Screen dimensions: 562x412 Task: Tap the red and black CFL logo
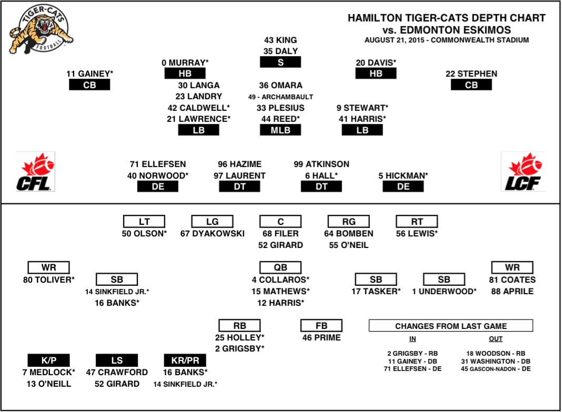pyautogui.click(x=35, y=172)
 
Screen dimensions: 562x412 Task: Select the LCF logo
pyautogui.click(x=523, y=172)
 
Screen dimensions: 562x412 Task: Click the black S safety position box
pyautogui.click(x=280, y=63)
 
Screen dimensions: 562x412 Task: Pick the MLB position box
pyautogui.click(x=280, y=130)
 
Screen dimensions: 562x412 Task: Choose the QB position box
pyautogui.click(x=280, y=267)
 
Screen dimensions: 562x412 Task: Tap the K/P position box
pyautogui.click(x=49, y=360)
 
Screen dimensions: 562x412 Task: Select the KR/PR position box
pyautogui.click(x=185, y=360)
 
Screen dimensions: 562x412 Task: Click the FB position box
pyautogui.click(x=321, y=326)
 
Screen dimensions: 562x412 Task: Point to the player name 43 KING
pyautogui.click(x=280, y=40)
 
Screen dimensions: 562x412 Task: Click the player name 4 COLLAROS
pyautogui.click(x=280, y=280)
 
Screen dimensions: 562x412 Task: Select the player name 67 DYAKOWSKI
pyautogui.click(x=212, y=234)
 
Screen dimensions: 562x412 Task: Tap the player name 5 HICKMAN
pyautogui.click(x=403, y=176)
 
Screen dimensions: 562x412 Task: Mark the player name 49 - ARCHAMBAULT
pyautogui.click(x=280, y=97)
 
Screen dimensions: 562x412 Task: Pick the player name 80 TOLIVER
pyautogui.click(x=49, y=280)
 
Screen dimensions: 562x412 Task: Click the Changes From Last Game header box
pyautogui.click(x=451, y=326)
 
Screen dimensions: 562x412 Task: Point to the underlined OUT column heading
pyautogui.click(x=496, y=338)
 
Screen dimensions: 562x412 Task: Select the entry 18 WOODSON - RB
pyautogui.click(x=496, y=353)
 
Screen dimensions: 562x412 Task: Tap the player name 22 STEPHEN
pyautogui.click(x=471, y=74)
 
